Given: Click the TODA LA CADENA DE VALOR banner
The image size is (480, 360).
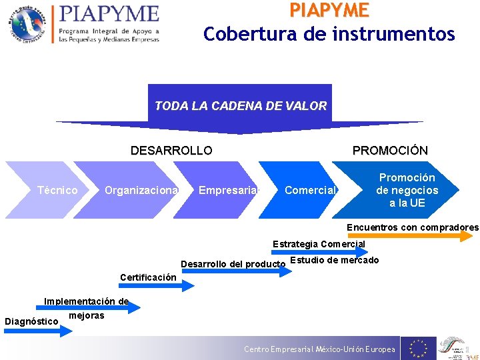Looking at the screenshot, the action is [x=240, y=105].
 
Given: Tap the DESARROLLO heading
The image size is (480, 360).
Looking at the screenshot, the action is [x=171, y=151].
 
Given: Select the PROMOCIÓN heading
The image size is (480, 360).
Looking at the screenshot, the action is [x=390, y=151].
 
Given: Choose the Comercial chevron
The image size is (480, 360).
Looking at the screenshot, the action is [x=309, y=191].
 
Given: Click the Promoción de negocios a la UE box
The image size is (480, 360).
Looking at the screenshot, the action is [x=407, y=190].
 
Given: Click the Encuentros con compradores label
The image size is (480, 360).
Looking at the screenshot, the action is [x=412, y=227].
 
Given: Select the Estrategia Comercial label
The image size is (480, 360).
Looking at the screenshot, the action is [x=319, y=244].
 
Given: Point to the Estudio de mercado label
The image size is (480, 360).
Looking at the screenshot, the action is [x=335, y=260].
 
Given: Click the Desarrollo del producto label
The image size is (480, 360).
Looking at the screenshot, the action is [x=233, y=264].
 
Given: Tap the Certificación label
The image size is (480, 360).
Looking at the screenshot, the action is [x=148, y=277].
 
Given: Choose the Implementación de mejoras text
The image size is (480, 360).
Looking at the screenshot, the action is [x=86, y=307].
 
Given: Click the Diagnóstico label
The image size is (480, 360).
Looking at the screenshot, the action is [x=31, y=321].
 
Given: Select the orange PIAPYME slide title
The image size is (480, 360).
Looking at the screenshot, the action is [x=329, y=10].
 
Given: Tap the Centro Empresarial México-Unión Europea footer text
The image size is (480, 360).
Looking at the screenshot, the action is [x=319, y=349].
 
